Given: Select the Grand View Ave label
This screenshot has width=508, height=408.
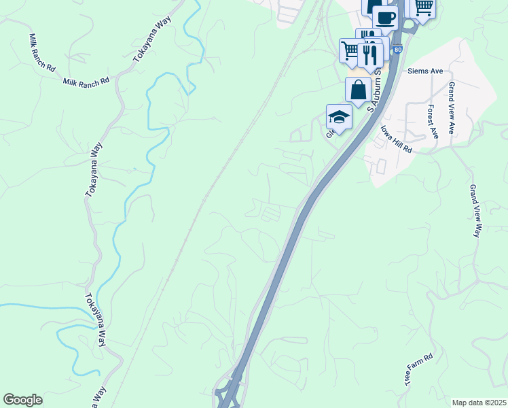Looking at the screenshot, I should [452, 109].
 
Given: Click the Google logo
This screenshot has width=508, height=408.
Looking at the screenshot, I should [22, 400].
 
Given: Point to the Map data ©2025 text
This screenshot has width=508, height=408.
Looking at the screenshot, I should [479, 403].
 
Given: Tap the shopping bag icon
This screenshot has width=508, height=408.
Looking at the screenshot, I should [358, 89].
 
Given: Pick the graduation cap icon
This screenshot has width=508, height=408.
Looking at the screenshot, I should [339, 116].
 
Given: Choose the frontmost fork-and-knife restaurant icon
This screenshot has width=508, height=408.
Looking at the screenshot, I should [370, 54].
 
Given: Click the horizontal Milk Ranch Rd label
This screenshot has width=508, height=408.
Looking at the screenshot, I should [86, 81].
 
